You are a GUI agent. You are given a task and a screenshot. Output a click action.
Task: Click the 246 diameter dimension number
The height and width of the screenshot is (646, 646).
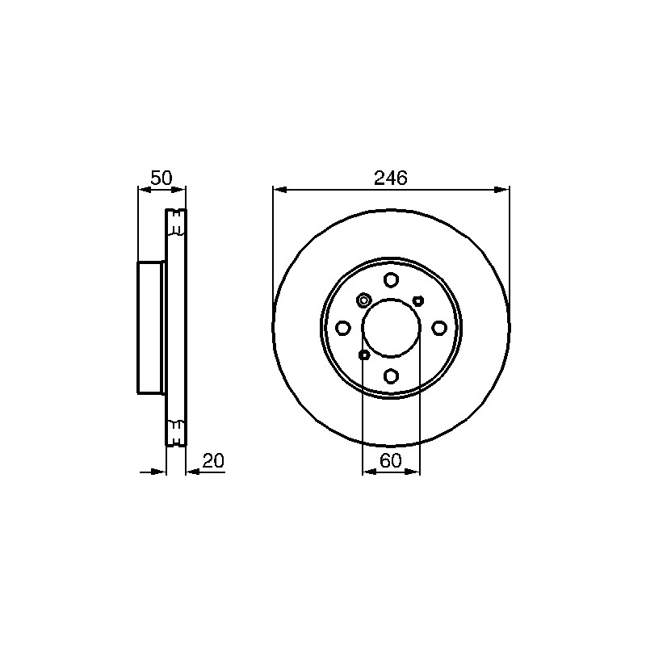[390, 178]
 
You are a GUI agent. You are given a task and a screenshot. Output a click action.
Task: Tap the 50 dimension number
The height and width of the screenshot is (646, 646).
[161, 178]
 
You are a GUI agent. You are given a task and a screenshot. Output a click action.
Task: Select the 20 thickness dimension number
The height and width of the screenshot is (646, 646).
[213, 460]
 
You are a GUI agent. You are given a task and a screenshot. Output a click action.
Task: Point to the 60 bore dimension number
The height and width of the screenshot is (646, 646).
[391, 460]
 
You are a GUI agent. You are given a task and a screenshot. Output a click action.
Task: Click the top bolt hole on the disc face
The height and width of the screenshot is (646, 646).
[391, 280]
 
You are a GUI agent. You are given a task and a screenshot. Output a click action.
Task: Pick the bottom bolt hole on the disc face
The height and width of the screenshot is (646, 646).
[391, 375]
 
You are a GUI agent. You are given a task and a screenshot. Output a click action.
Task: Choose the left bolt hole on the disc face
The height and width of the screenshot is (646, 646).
[342, 328]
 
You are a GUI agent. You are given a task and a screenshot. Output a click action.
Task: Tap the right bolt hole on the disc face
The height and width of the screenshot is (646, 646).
[439, 328]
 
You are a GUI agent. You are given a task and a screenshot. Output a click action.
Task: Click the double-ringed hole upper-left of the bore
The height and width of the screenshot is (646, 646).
[363, 300]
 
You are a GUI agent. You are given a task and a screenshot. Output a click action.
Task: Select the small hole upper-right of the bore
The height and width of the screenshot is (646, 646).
[418, 300]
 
